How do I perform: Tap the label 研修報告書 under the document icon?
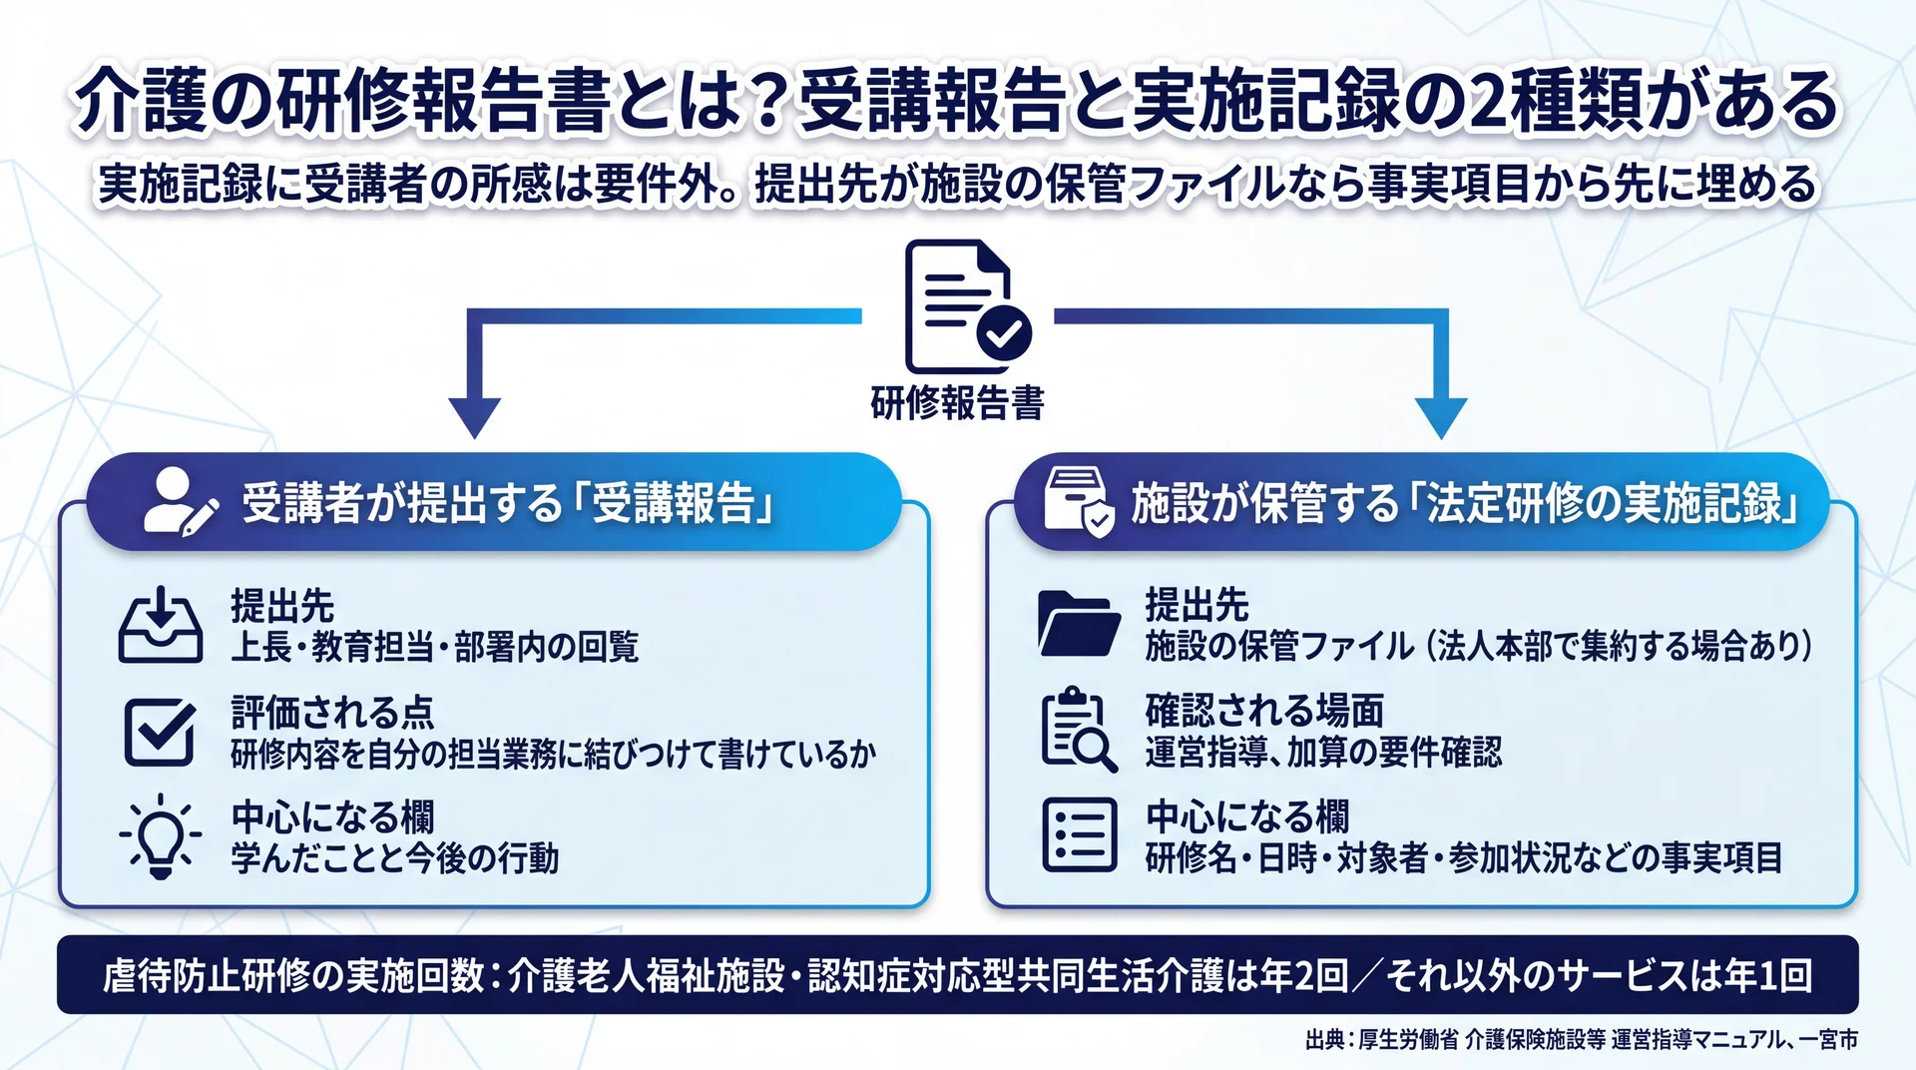[x=957, y=403]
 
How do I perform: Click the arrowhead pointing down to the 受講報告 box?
[x=475, y=418]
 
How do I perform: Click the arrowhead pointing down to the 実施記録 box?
[x=1440, y=418]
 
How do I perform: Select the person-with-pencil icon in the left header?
[x=181, y=500]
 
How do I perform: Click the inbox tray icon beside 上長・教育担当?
[x=161, y=625]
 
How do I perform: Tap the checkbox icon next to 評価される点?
[x=161, y=731]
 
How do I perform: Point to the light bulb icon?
[x=160, y=836]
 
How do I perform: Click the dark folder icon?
[x=1079, y=624]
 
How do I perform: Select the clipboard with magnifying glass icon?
[x=1079, y=730]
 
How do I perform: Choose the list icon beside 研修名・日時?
[x=1079, y=835]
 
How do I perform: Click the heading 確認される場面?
[x=1264, y=711]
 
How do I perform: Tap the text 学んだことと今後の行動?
[x=395, y=858]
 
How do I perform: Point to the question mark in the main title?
[x=767, y=102]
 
